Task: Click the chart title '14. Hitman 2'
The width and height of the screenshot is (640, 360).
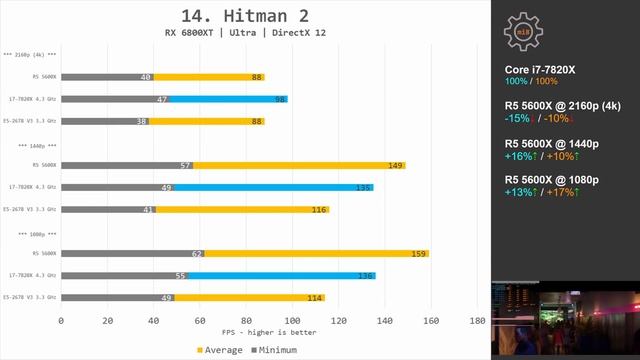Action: [245, 15]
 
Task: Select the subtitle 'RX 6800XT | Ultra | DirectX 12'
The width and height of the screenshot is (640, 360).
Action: [245, 33]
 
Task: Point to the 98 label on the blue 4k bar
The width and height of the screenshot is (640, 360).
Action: [281, 99]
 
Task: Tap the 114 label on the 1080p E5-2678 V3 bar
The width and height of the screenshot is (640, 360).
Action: [315, 297]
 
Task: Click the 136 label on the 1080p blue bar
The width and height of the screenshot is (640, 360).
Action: [366, 275]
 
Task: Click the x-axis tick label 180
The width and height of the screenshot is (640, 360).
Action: [477, 321]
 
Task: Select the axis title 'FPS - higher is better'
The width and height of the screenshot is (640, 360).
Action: [269, 333]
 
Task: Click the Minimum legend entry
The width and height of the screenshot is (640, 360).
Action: [275, 350]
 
